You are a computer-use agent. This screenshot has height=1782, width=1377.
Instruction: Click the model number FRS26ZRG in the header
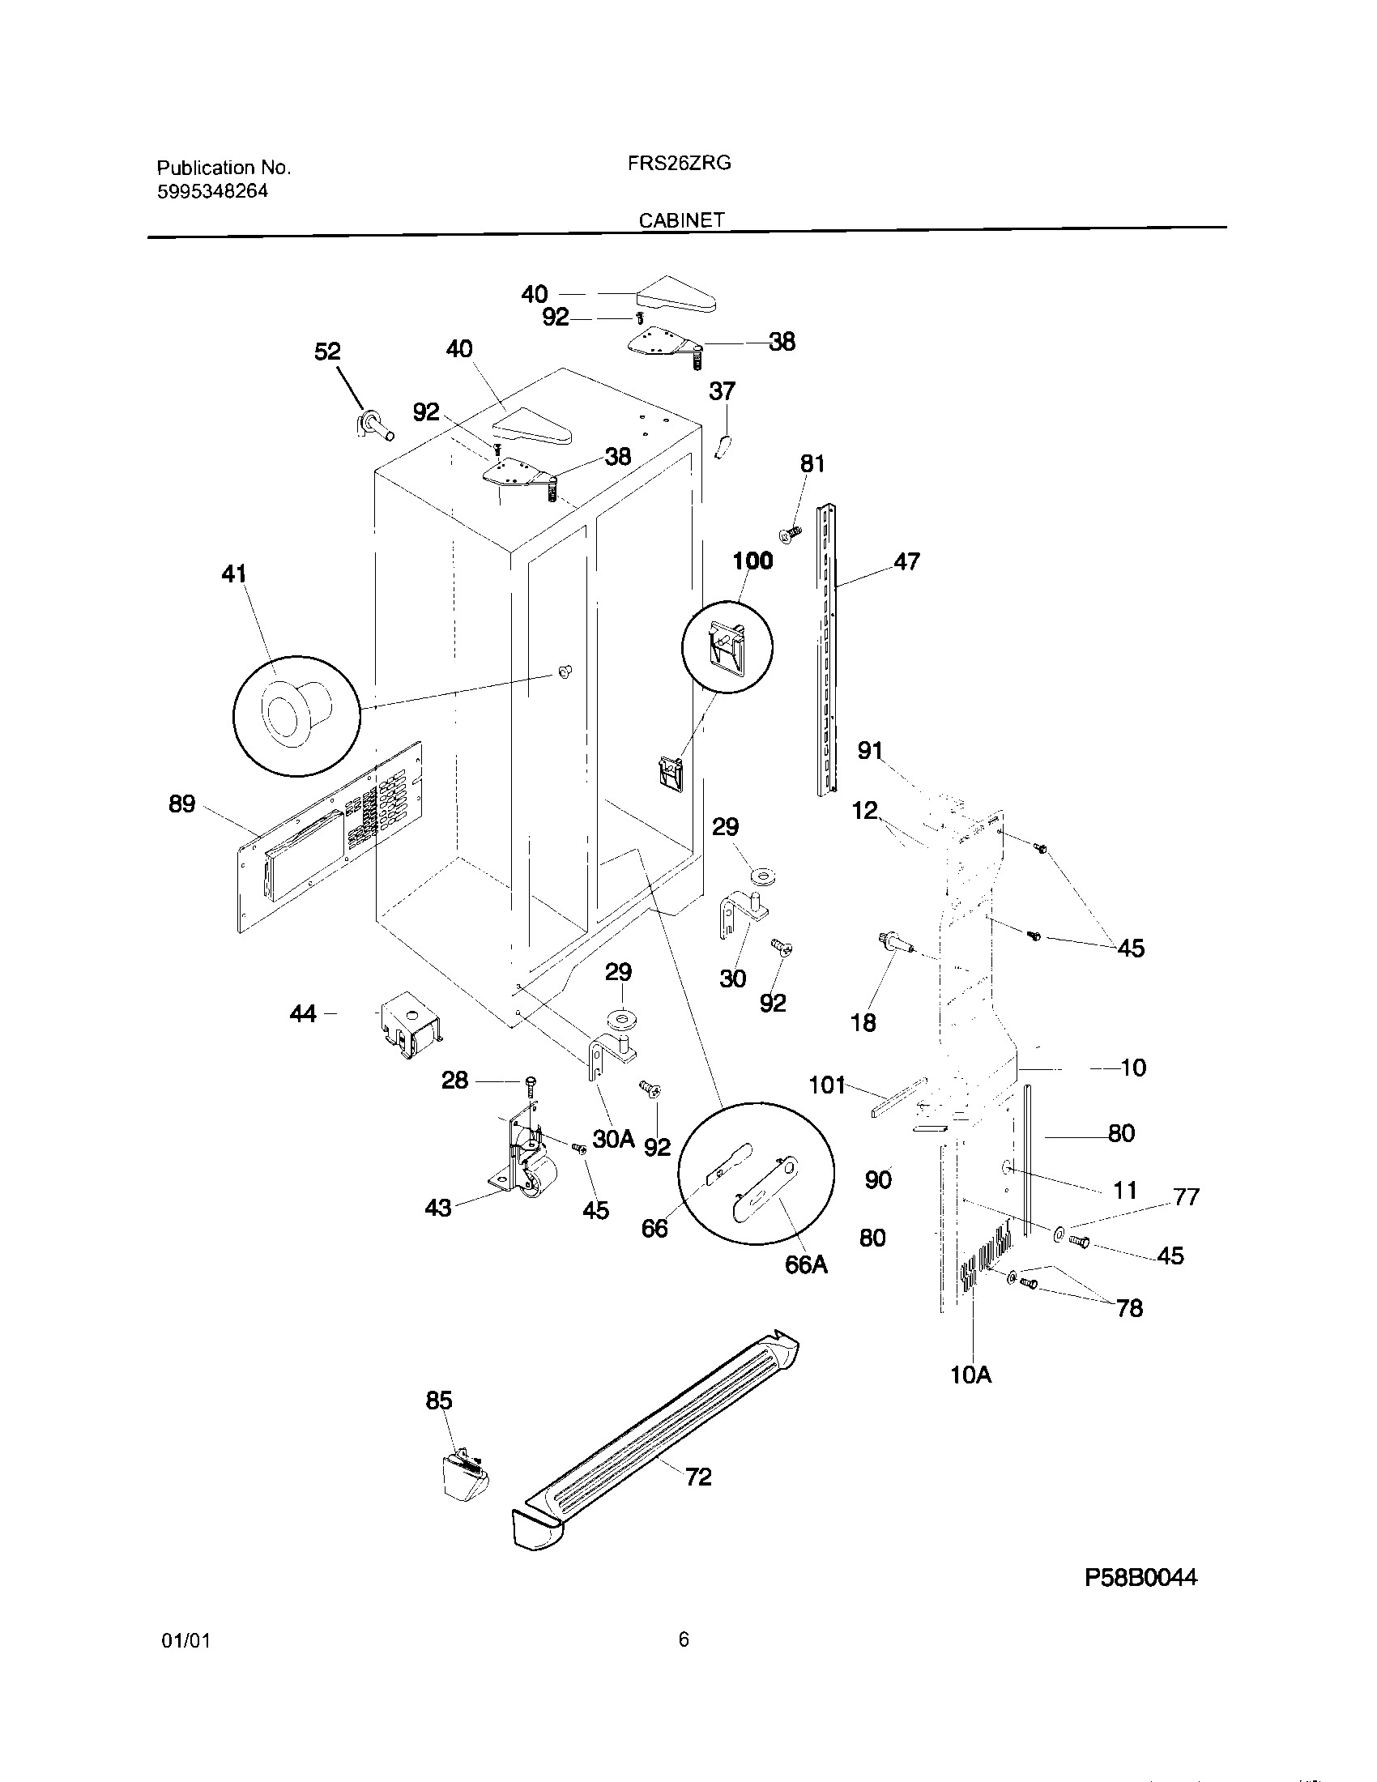point(679,163)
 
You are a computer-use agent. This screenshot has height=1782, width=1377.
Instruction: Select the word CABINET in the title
point(681,220)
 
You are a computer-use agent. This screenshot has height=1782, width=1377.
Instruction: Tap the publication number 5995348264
point(212,192)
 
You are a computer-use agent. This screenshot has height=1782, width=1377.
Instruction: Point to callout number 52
point(327,352)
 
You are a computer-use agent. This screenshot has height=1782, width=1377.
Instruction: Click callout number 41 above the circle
point(234,574)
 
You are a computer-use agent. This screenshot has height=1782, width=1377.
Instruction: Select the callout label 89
point(182,804)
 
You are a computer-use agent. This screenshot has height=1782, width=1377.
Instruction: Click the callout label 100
point(752,561)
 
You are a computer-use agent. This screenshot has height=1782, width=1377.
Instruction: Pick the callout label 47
point(906,561)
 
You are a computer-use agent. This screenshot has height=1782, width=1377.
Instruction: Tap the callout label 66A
point(806,1264)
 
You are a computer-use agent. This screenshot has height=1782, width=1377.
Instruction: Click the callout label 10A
point(970,1375)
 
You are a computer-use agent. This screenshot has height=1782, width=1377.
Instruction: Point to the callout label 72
point(698,1476)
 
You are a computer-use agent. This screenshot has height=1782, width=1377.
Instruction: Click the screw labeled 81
point(790,535)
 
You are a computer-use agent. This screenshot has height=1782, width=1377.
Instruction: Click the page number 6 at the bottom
point(684,1639)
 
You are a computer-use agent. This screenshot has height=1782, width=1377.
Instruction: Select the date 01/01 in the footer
point(186,1641)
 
